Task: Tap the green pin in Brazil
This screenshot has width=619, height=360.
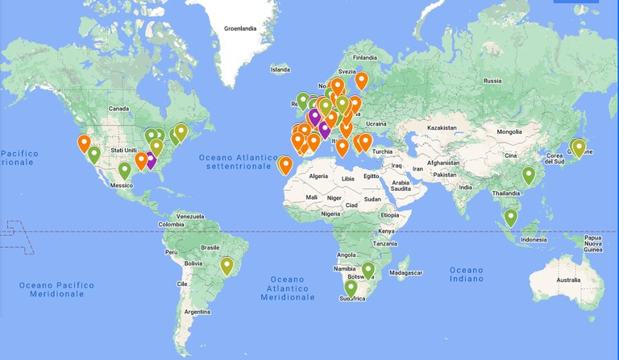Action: point(227,264)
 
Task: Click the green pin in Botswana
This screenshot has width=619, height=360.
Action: point(368,270)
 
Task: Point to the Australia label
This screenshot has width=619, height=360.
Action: point(567,279)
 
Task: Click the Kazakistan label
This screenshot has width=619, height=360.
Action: point(442,128)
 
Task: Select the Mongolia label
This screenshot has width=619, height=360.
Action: point(509,131)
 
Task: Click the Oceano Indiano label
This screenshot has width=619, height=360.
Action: point(467,275)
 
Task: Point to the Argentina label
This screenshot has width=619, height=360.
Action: point(202,311)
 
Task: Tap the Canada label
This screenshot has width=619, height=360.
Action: point(118,108)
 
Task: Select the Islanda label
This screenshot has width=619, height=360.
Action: point(280,69)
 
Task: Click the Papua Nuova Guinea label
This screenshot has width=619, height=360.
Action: point(592,242)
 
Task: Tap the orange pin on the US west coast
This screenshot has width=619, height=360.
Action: point(84,143)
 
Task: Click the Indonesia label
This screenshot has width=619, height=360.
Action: point(535,239)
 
